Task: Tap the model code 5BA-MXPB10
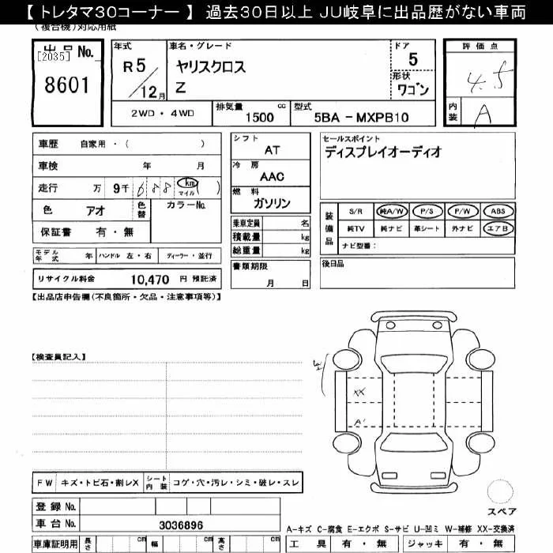(x=363, y=117)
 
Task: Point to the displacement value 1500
(x=260, y=117)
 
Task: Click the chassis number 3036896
(x=182, y=524)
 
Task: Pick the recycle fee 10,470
(x=149, y=279)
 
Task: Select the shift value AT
(x=272, y=149)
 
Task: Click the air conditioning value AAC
(x=272, y=177)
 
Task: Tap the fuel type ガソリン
(x=272, y=203)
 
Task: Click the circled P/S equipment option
(x=427, y=211)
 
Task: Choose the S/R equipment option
(x=356, y=211)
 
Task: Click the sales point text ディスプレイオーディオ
(x=382, y=152)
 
